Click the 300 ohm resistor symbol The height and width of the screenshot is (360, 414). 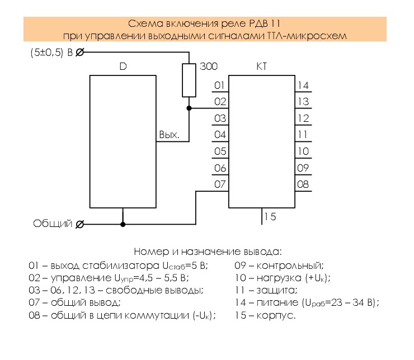tap(189, 80)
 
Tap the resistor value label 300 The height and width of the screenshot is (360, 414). tap(209, 67)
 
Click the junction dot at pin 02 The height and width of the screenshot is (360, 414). tap(189, 108)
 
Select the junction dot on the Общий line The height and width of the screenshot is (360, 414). tap(123, 224)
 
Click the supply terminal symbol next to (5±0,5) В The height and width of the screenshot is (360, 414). tap(80, 52)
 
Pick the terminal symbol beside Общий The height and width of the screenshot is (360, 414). tap(80, 224)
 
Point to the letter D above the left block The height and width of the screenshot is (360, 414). tap(123, 67)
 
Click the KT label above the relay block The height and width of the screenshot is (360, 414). tap(261, 67)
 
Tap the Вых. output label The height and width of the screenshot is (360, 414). tap(170, 135)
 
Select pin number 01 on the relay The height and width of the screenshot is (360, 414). tap(219, 86)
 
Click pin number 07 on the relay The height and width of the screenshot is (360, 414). tap(220, 184)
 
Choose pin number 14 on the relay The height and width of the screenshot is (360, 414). tap(303, 86)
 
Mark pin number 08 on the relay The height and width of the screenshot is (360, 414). tap(303, 184)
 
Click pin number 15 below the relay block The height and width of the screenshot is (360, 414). tap(270, 217)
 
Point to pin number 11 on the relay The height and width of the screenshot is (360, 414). tap(303, 135)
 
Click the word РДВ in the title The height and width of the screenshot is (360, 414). tap(258, 23)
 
